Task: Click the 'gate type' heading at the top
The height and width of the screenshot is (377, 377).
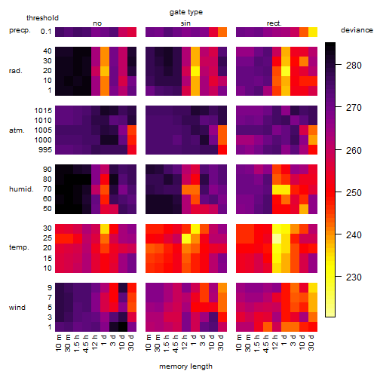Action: click(186, 12)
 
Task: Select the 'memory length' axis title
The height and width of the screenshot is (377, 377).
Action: click(185, 366)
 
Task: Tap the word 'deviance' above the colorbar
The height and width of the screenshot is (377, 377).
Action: click(357, 30)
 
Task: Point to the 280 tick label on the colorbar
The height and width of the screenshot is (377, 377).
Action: click(354, 66)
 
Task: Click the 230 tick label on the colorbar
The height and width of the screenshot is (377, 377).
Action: click(354, 277)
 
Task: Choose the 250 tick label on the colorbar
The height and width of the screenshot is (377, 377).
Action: click(354, 193)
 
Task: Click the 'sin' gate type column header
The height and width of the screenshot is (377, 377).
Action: click(185, 23)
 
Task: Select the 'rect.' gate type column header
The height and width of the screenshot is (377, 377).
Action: click(274, 23)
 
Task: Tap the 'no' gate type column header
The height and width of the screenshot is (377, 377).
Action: click(97, 23)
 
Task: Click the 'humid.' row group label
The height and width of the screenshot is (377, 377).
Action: click(21, 189)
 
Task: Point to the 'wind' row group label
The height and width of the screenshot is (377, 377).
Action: click(17, 308)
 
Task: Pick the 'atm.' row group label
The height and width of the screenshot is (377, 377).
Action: click(17, 130)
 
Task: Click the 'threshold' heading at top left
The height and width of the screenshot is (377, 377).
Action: click(42, 18)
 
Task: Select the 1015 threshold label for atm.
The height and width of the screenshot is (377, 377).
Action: click(43, 111)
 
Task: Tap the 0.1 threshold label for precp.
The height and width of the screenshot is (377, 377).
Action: click(46, 32)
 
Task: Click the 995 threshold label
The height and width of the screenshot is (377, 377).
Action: click(45, 150)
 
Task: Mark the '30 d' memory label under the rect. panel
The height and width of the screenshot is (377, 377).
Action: click(311, 342)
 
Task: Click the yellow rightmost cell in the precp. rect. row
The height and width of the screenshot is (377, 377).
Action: click(313, 32)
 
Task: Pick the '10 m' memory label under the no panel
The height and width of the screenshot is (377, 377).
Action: click(58, 342)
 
